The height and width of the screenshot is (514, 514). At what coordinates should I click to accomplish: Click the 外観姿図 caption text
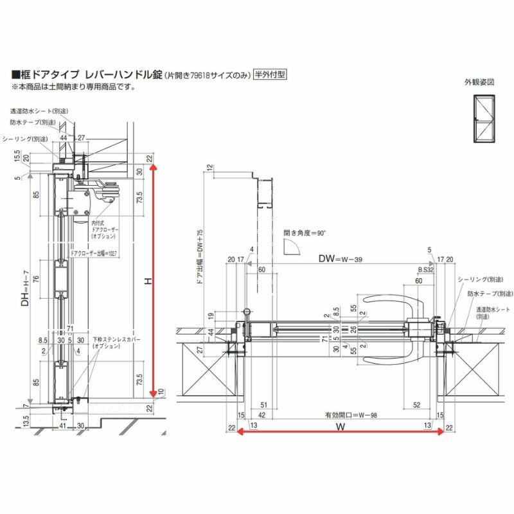(x=480, y=82)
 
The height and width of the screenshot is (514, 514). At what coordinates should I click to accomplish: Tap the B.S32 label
(x=425, y=270)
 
